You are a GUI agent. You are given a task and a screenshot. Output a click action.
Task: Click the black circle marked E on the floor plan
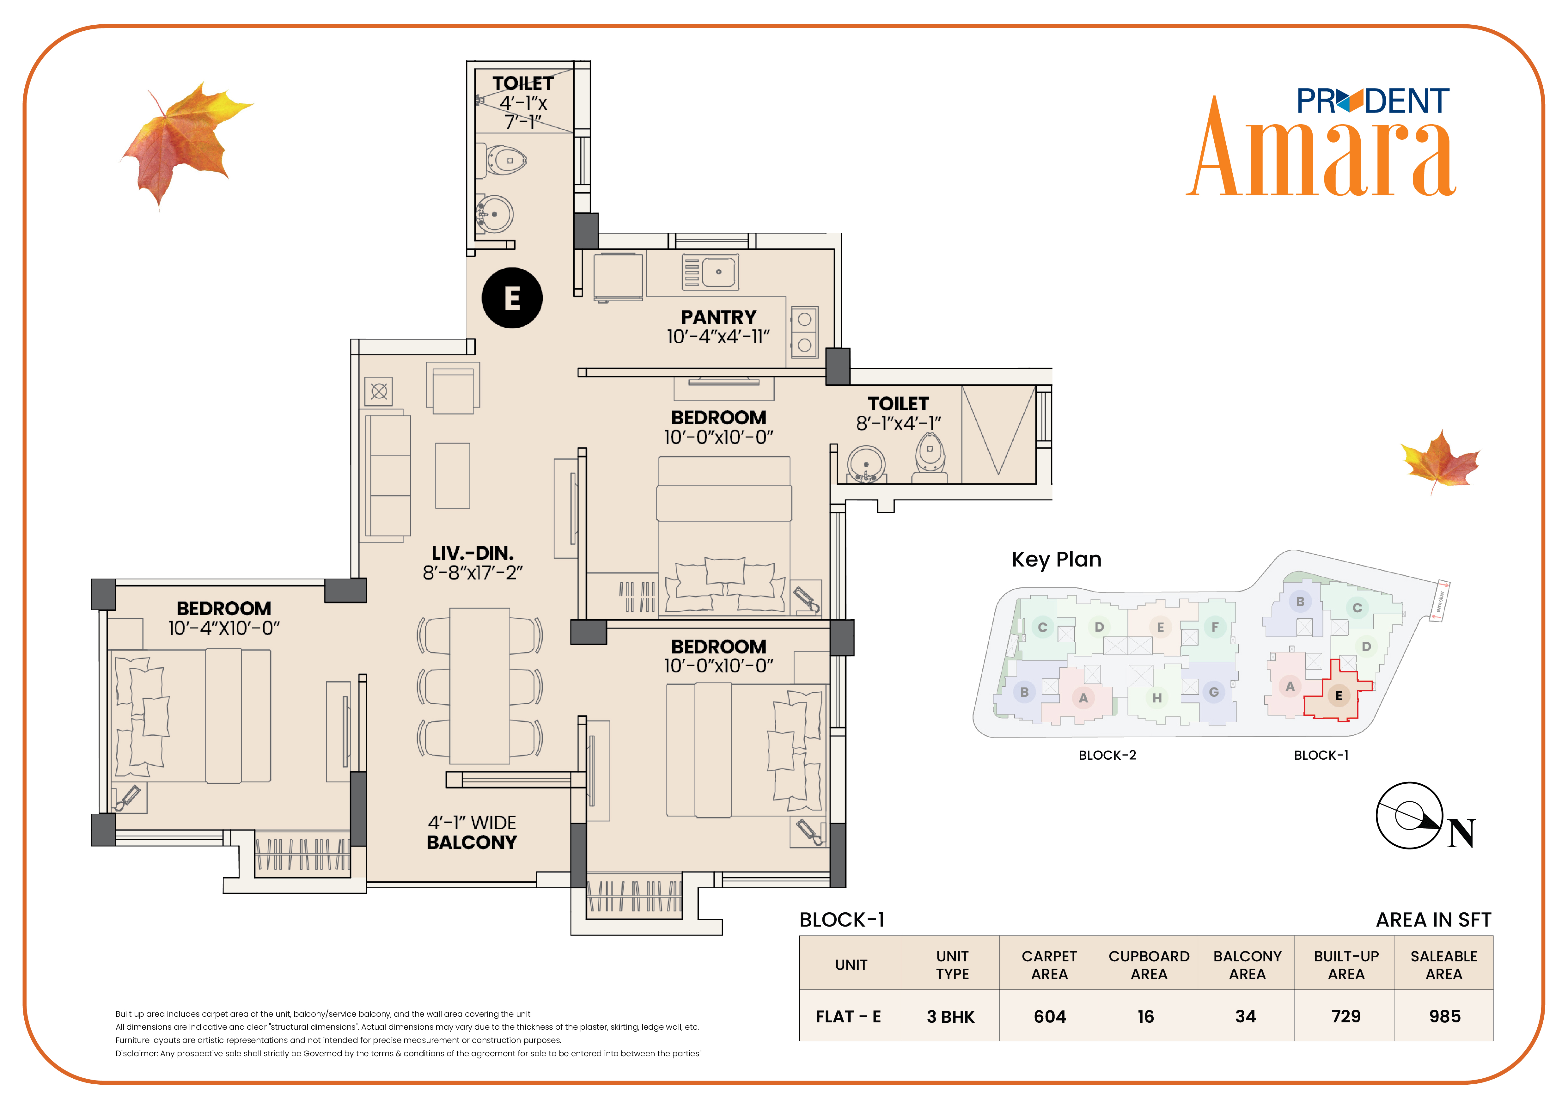[x=512, y=298]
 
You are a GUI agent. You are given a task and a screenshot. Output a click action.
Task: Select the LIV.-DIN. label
[x=473, y=553]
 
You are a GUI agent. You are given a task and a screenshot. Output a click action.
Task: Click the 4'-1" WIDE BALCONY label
[x=472, y=832]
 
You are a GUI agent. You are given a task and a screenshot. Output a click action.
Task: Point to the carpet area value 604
[x=1050, y=1017]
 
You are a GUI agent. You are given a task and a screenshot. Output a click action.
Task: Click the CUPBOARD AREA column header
[x=1149, y=965]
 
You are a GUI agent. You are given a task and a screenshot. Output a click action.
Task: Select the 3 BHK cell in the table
[x=951, y=1017]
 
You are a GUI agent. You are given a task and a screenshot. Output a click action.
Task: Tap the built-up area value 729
[x=1346, y=1017]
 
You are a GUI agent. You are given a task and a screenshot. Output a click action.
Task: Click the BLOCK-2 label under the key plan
[x=1107, y=755]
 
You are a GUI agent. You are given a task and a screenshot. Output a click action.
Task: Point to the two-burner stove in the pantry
[x=804, y=332]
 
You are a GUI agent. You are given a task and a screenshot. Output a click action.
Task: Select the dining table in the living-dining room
[x=479, y=686]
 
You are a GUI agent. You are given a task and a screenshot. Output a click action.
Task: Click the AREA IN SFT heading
[x=1433, y=920]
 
